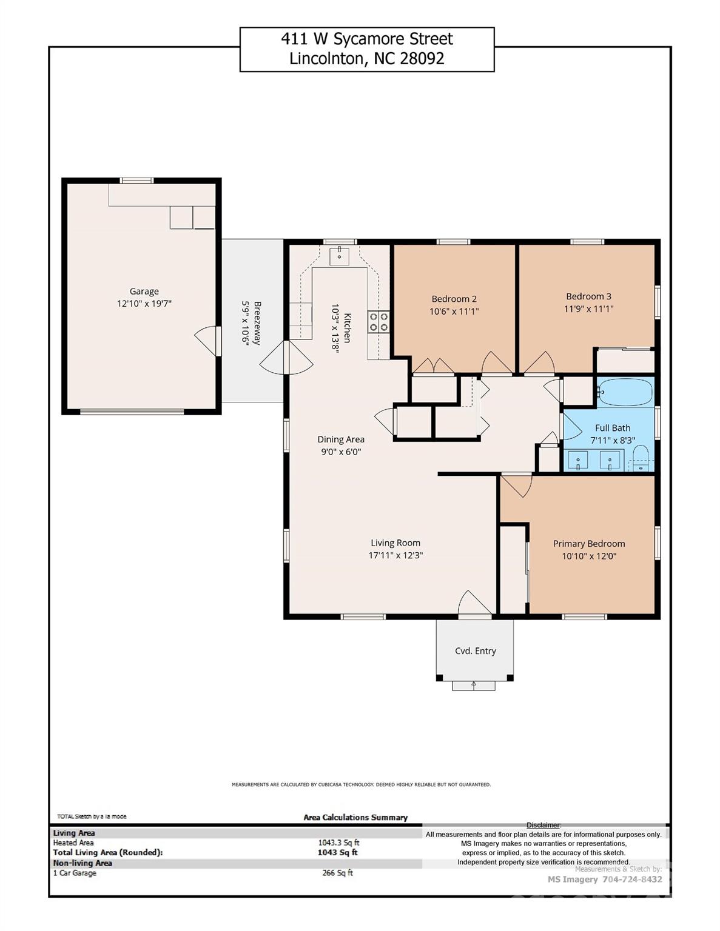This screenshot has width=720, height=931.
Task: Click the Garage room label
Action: coord(144,292)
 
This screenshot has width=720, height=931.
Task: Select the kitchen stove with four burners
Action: coord(379,321)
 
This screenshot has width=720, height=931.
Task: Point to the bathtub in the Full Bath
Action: coord(625,392)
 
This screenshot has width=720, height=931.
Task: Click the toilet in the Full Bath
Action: coord(641,458)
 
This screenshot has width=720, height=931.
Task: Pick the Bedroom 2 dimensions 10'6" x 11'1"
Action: coord(454,312)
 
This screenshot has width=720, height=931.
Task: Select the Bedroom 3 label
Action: coord(588,296)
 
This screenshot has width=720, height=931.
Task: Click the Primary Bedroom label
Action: coord(588,544)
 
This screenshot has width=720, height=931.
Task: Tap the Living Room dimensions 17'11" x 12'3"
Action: coord(395,555)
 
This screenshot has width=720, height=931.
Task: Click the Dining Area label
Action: coord(341,439)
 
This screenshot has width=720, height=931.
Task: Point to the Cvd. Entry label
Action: coord(476,651)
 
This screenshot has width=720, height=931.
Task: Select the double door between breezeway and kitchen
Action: coord(286,358)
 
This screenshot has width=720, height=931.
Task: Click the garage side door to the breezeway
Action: coord(208,341)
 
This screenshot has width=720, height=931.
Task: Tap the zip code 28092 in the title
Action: coord(422,59)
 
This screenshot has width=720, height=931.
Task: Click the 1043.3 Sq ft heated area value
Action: coord(338,843)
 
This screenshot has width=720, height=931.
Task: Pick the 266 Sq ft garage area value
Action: coord(337,873)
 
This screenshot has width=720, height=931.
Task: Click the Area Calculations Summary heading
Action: coord(355,817)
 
